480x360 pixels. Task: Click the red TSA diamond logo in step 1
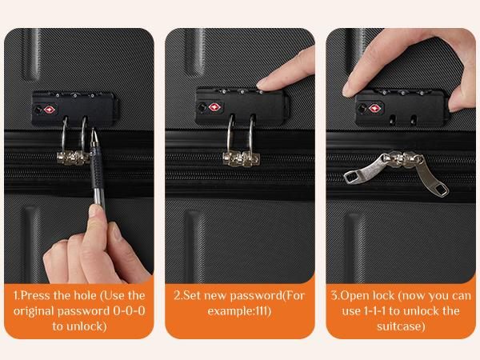click(x=50, y=110)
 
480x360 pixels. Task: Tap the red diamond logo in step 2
click(x=215, y=107)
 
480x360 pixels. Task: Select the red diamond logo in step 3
click(x=376, y=108)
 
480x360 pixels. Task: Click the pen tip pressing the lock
click(x=94, y=132)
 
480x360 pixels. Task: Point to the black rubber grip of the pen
click(x=97, y=169)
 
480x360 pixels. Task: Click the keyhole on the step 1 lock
click(x=38, y=110)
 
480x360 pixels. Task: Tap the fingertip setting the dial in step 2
click(x=264, y=84)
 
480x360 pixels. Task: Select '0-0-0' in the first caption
click(x=129, y=310)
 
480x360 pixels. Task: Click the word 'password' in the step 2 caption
click(x=256, y=295)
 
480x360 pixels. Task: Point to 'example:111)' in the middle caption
click(x=239, y=311)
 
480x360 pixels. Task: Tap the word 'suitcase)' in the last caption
click(x=401, y=326)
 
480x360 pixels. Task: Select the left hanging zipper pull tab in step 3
click(x=363, y=170)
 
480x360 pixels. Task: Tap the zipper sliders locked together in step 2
click(x=241, y=158)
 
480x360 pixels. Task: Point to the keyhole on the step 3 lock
click(x=362, y=108)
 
